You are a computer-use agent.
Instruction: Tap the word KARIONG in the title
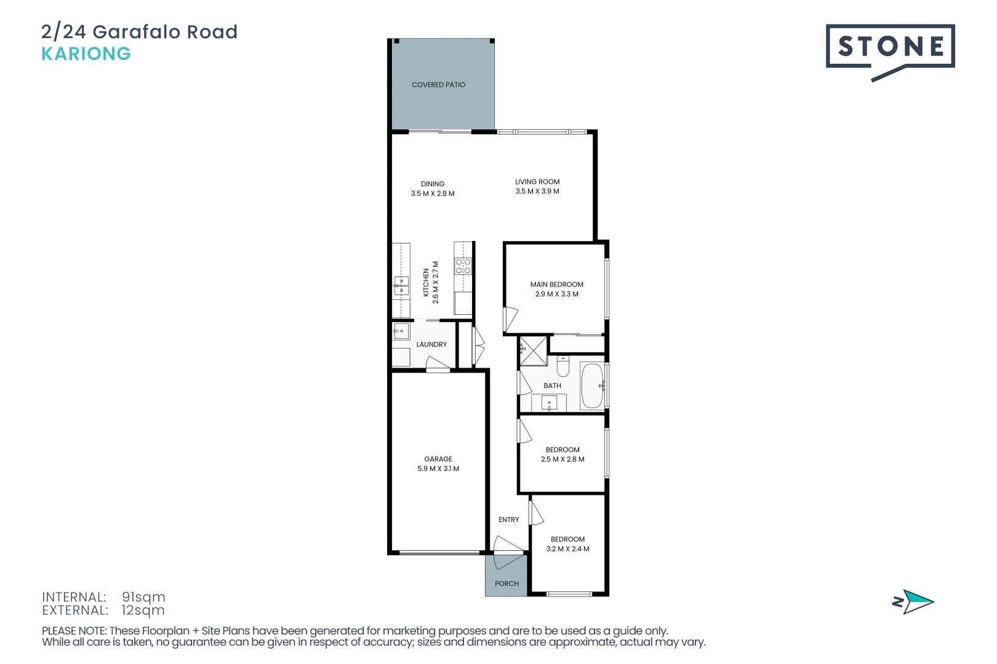click(86, 54)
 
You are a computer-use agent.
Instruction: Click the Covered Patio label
click(438, 85)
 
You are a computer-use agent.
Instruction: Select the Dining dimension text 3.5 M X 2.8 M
click(433, 194)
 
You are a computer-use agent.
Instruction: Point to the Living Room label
click(537, 182)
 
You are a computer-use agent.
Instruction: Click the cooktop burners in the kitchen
click(463, 266)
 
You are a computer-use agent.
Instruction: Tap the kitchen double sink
click(401, 286)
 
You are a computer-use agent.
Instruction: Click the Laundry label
click(431, 344)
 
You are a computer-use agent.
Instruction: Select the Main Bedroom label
click(556, 285)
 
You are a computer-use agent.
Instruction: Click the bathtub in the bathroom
click(592, 385)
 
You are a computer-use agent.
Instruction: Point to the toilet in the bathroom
click(563, 367)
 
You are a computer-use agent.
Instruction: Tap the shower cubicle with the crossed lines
click(533, 351)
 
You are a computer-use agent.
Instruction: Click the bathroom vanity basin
click(549, 403)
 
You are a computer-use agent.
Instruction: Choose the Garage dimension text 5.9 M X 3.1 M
click(438, 468)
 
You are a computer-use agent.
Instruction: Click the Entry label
click(508, 520)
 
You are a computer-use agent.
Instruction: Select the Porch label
click(507, 583)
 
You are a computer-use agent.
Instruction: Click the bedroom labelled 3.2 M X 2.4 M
click(567, 544)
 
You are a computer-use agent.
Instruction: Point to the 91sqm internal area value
click(143, 597)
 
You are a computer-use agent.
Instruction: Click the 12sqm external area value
click(143, 611)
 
